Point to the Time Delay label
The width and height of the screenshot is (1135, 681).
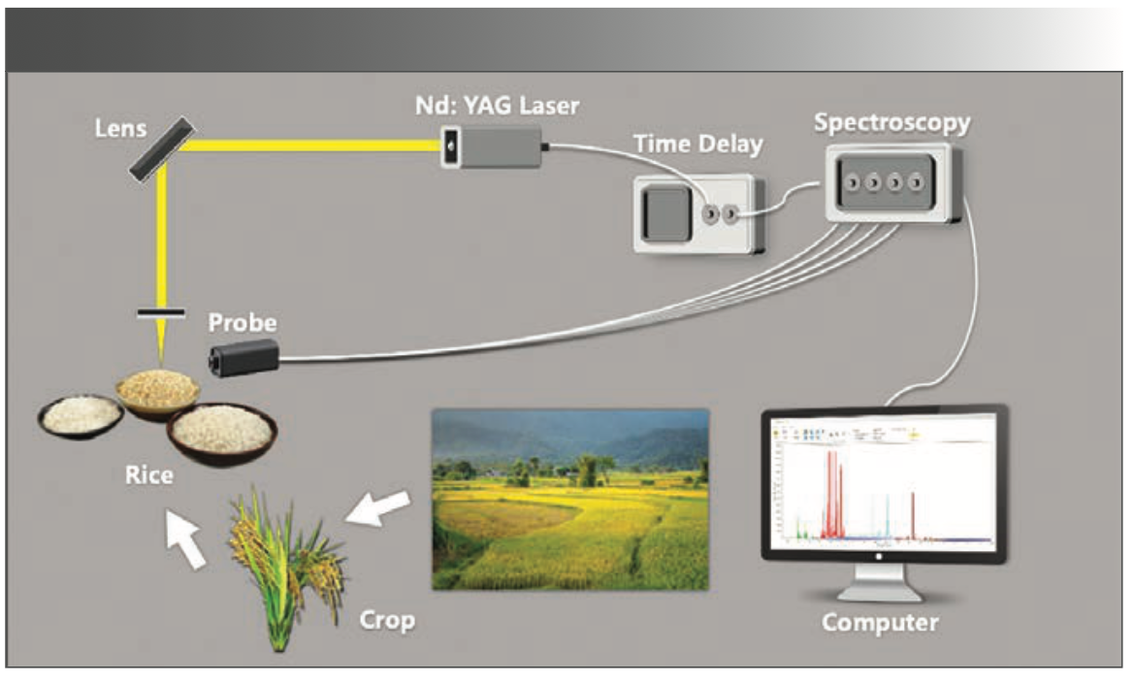[x=697, y=145]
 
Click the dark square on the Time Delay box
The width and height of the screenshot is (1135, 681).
[x=665, y=212]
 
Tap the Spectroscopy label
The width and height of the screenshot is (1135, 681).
[x=892, y=123]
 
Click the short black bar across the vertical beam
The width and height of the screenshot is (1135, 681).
[x=161, y=312]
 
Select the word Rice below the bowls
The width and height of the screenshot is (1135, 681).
[x=149, y=476]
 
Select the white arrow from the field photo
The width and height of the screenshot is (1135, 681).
[x=377, y=510]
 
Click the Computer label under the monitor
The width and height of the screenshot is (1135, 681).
[x=880, y=621]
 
